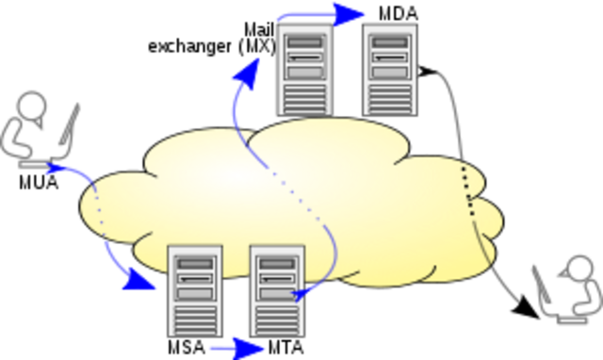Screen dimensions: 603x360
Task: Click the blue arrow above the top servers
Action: tap(320, 14)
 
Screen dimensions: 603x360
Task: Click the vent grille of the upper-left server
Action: tap(305, 97)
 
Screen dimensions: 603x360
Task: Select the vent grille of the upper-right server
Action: tap(390, 97)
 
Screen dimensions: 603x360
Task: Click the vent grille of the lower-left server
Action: tap(195, 318)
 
